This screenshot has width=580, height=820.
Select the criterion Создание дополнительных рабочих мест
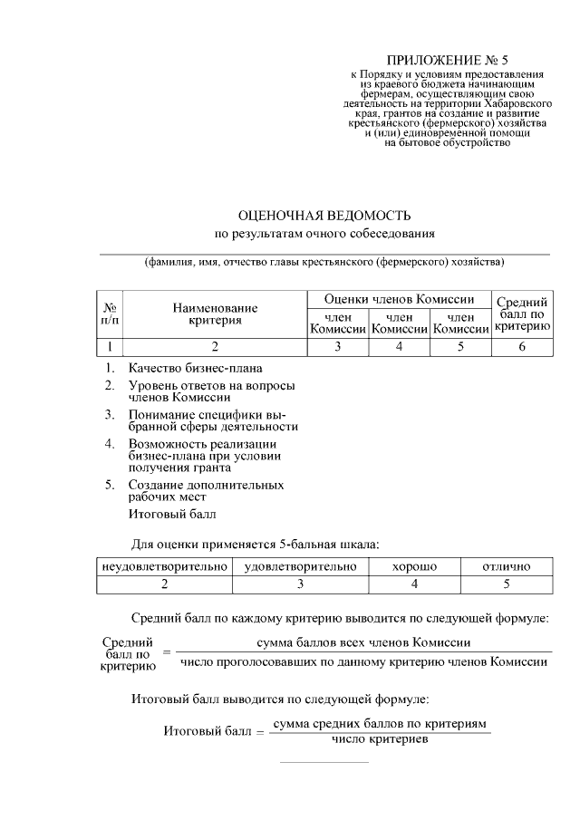click(x=206, y=490)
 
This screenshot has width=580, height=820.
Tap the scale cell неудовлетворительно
click(x=164, y=566)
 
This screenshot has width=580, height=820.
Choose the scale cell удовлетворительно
click(x=300, y=566)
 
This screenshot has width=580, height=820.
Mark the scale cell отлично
click(x=506, y=566)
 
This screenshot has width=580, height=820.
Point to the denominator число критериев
click(x=380, y=739)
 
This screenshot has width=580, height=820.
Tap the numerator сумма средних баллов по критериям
click(x=380, y=725)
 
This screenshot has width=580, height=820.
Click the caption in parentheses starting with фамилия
click(x=324, y=263)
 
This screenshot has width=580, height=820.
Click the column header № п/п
click(x=110, y=314)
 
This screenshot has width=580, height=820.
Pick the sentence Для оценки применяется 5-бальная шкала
click(x=255, y=544)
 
